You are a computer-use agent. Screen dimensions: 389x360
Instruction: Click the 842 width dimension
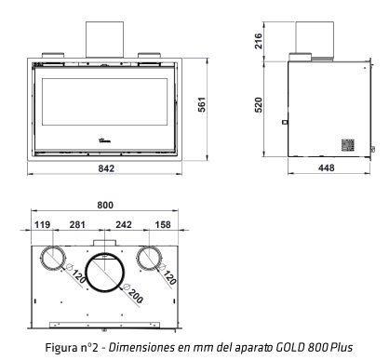coord(106,168)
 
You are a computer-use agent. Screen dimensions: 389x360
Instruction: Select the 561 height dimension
coord(202,105)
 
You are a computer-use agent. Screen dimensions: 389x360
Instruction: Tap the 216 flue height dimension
coord(259,41)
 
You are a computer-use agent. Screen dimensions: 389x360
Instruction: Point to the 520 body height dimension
coord(259,105)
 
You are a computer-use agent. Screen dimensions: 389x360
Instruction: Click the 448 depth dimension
coord(327,167)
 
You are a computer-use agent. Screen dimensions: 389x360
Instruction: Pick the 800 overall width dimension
coord(105,205)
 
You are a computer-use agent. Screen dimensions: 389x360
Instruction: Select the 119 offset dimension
coord(42,224)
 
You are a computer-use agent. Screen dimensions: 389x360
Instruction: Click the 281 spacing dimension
coord(77,224)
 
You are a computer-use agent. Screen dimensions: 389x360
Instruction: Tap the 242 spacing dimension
coord(124,224)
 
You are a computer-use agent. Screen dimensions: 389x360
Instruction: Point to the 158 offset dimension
coord(163,224)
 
